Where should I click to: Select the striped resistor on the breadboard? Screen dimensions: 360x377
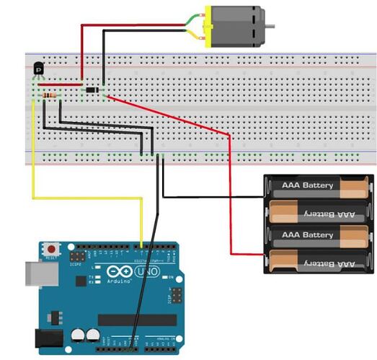click(49, 95)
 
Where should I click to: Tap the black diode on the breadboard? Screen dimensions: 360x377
click(92, 89)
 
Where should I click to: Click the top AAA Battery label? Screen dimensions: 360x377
click(308, 185)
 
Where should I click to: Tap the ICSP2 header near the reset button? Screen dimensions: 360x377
click(76, 256)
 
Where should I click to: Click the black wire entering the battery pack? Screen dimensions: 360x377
click(216, 196)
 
